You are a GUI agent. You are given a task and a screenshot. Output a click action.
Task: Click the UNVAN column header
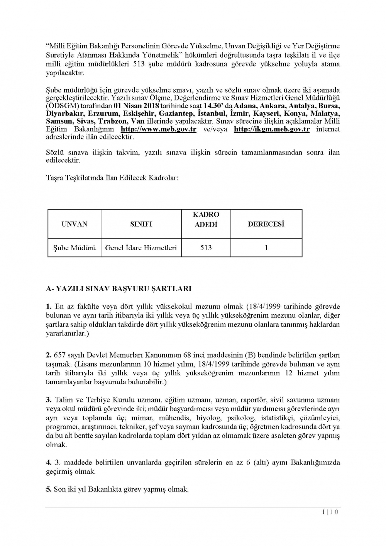(74, 224)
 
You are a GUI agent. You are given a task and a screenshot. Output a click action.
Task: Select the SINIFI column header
(141, 224)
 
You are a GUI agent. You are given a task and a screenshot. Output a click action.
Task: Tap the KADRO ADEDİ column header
(206, 219)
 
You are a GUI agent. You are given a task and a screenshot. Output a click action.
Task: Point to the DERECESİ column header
(266, 224)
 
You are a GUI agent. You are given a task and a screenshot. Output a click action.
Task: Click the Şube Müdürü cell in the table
(74, 248)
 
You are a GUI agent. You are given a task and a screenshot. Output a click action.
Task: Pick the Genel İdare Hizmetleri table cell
(141, 248)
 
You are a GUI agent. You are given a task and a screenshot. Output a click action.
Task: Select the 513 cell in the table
(206, 248)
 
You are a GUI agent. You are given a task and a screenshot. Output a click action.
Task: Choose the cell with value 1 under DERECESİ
(266, 248)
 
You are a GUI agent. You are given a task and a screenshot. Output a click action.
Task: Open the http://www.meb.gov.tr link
(158, 129)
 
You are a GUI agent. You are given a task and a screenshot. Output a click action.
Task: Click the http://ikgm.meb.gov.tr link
(271, 129)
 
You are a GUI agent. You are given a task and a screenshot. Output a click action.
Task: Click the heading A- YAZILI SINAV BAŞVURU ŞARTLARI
(119, 288)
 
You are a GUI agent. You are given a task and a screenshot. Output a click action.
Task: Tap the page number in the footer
(330, 512)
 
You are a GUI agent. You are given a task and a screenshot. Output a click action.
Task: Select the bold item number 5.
(49, 489)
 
